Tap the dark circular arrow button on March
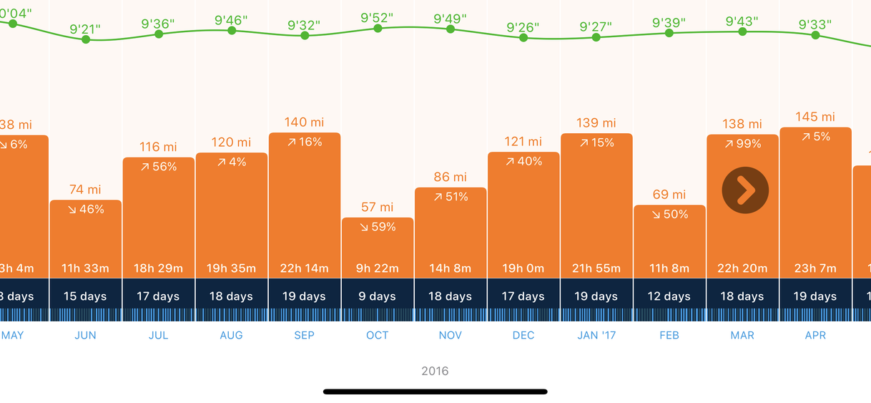tap(745, 190)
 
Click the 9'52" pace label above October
tap(378, 17)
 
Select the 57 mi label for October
tap(377, 207)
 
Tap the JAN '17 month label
tap(596, 335)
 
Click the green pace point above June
tap(86, 39)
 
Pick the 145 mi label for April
tap(815, 117)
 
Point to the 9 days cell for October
tap(378, 296)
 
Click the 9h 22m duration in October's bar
tap(378, 268)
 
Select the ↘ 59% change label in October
tap(377, 226)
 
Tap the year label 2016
tap(435, 371)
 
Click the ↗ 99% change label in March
tap(742, 143)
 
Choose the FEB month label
tap(669, 335)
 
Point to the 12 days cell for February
tap(669, 296)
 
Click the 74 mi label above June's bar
tap(85, 189)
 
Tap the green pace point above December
tap(523, 38)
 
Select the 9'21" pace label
tap(85, 29)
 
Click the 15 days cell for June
tap(85, 296)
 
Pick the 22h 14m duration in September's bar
tap(305, 268)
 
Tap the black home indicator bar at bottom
tap(435, 392)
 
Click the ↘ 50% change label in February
tap(669, 214)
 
